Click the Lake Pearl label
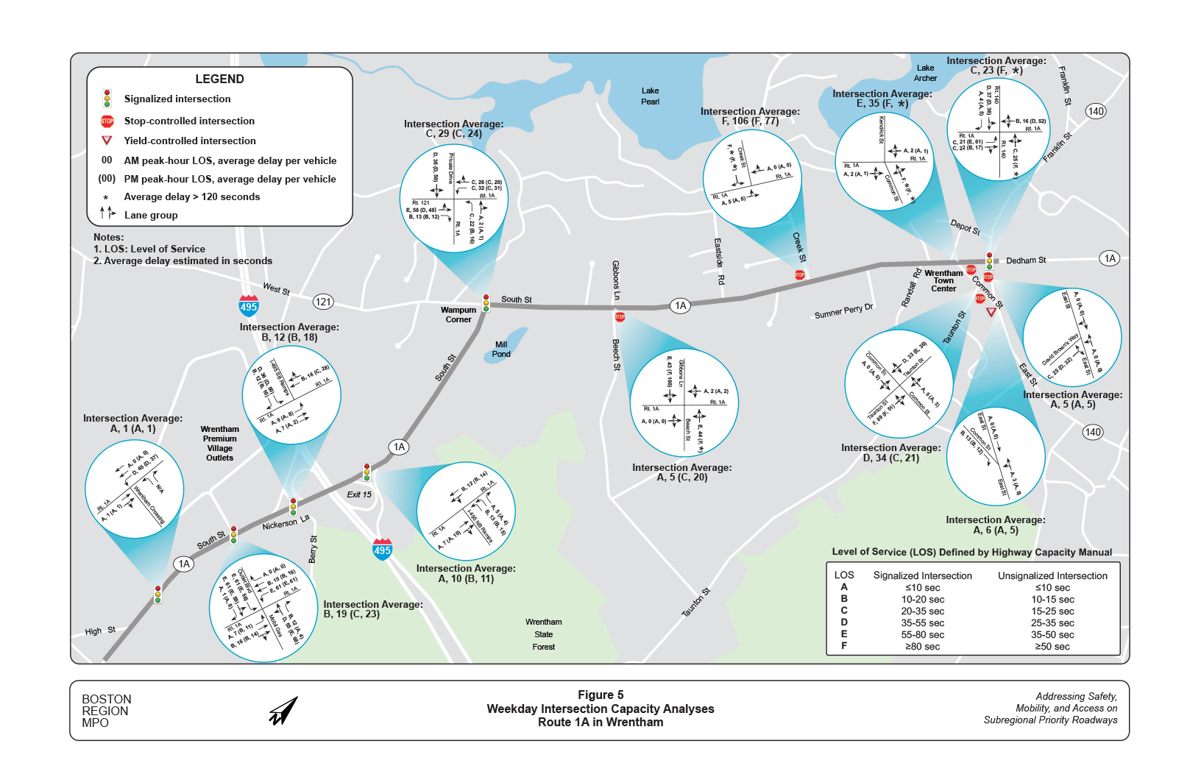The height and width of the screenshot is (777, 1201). click(650, 96)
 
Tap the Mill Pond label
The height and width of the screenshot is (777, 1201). click(501, 350)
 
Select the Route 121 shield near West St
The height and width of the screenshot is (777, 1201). click(323, 302)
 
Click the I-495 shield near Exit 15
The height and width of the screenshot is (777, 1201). click(382, 550)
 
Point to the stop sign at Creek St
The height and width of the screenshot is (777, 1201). click(800, 275)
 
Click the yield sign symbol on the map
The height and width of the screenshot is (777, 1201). click(991, 312)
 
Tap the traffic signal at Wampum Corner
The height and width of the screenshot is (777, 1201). click(486, 302)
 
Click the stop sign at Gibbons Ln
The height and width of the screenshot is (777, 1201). click(620, 317)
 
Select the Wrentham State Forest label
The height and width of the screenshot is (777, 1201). click(544, 634)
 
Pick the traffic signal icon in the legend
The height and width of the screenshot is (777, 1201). click(107, 99)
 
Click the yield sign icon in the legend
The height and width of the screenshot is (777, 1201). click(107, 141)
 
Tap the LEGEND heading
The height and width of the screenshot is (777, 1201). click(219, 79)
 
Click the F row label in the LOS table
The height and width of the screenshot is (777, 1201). click(844, 646)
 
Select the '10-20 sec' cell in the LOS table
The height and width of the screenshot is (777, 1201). click(923, 600)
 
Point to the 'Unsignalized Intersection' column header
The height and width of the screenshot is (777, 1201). click(1052, 576)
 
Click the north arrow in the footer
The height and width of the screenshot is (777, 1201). click(283, 711)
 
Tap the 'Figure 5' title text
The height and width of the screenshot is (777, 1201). click(600, 695)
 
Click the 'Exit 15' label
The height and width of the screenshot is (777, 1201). click(359, 494)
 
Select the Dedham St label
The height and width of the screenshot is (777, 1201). click(1026, 260)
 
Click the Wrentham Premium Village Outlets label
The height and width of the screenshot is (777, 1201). click(219, 443)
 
